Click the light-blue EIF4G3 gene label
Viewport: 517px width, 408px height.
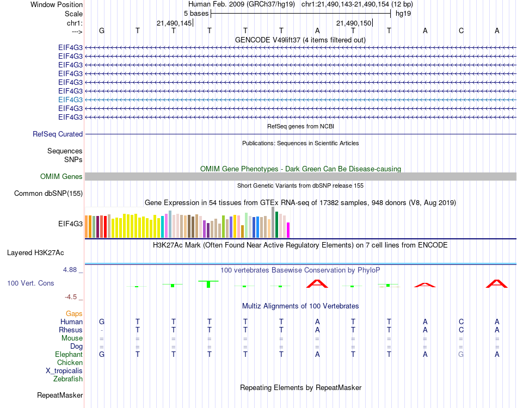(x=71, y=100)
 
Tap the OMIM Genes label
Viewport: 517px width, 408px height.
(x=61, y=176)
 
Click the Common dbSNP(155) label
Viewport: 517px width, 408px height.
(x=48, y=193)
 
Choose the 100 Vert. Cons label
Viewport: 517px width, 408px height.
(x=30, y=283)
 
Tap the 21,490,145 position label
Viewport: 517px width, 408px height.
(x=174, y=23)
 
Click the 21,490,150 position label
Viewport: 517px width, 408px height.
(x=354, y=23)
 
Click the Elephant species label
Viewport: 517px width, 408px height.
(x=68, y=355)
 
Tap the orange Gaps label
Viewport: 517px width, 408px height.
(x=74, y=314)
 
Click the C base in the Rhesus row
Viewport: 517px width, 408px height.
(x=461, y=330)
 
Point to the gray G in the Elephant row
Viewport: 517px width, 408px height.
(x=461, y=355)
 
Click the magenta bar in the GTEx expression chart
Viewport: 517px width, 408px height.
(x=288, y=230)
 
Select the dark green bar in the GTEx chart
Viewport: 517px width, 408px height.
(x=277, y=225)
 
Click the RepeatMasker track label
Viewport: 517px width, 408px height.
(x=60, y=395)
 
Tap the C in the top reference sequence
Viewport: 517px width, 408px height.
(x=461, y=31)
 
